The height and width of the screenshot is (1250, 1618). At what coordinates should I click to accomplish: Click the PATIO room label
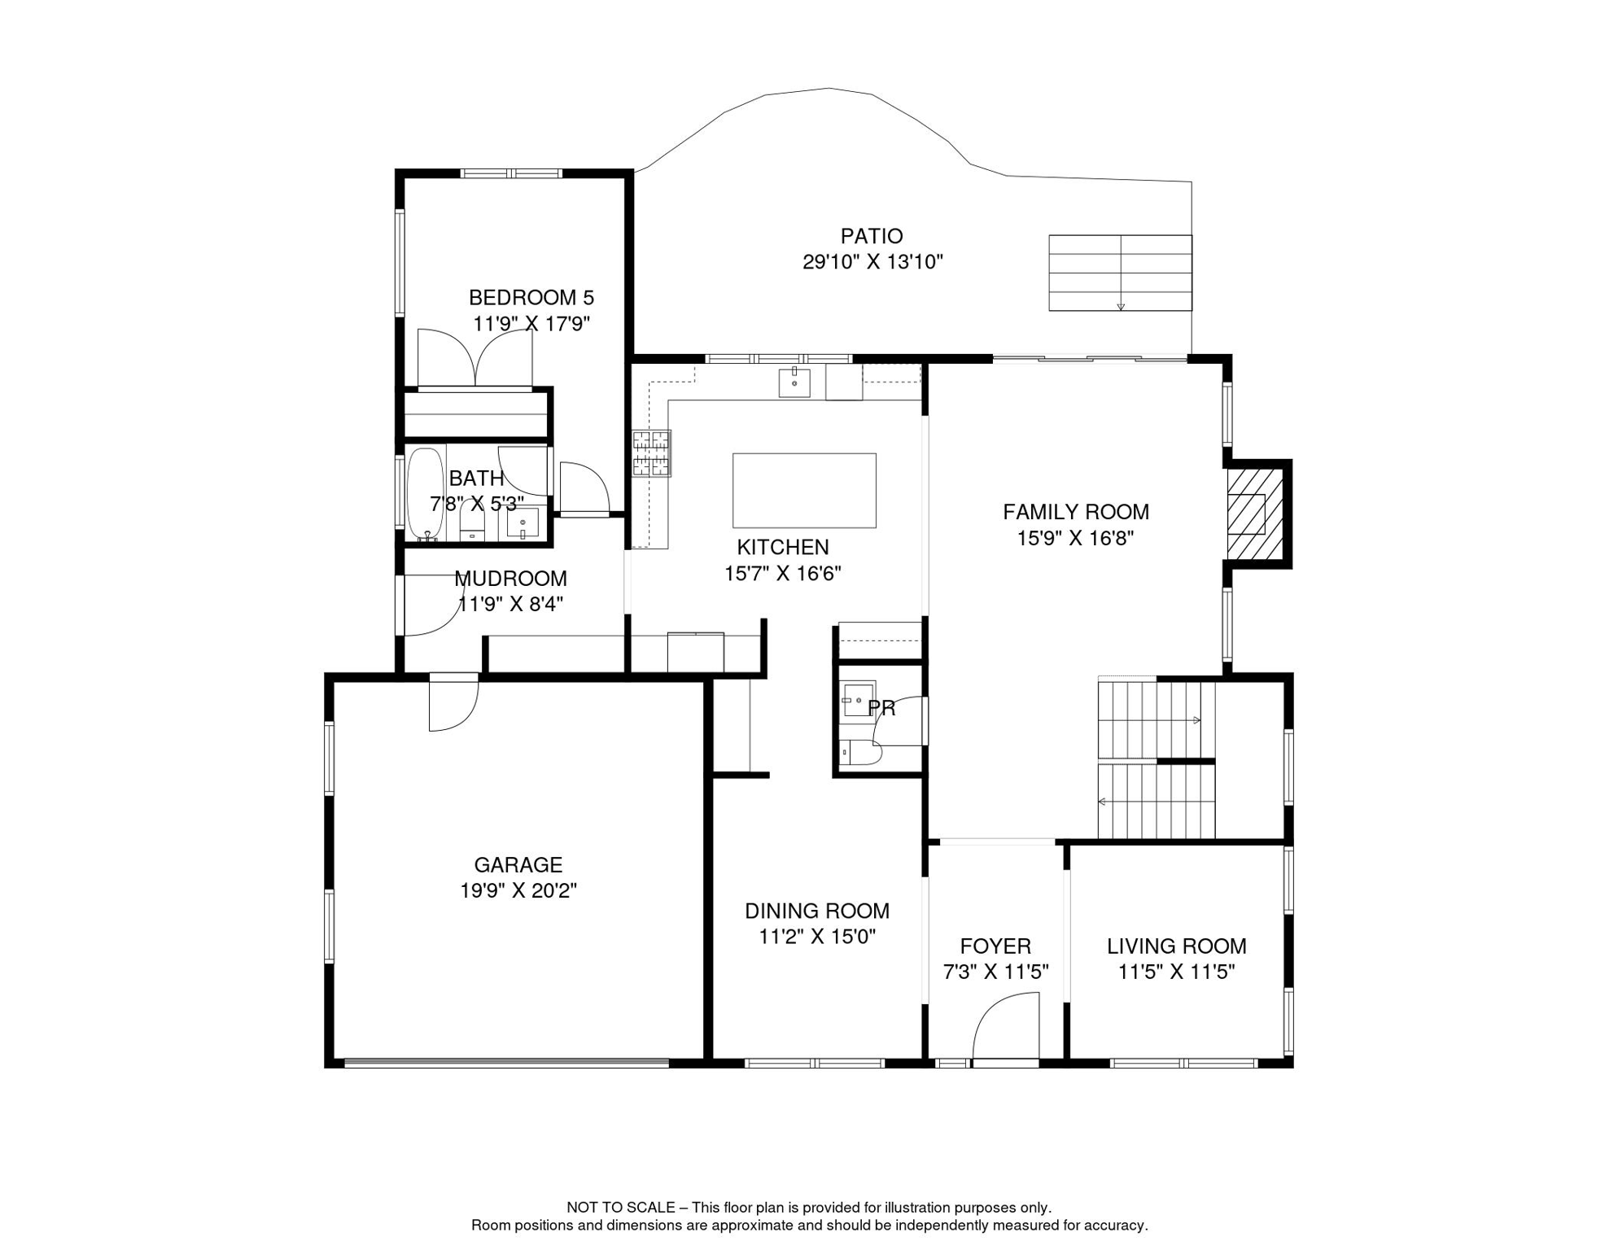[x=872, y=236]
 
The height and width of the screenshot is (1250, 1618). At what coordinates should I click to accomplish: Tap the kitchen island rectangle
[x=804, y=491]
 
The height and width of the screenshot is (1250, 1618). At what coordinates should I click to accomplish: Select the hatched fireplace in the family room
[x=1255, y=514]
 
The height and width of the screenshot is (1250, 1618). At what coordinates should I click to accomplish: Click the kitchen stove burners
[x=652, y=453]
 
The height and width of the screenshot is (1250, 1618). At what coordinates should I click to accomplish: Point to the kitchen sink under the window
[x=794, y=382]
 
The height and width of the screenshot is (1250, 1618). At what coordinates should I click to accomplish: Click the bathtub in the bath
[x=426, y=494]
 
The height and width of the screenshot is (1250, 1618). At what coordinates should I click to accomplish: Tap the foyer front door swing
[x=1006, y=1029]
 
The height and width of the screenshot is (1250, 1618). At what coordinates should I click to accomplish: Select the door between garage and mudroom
[x=454, y=701]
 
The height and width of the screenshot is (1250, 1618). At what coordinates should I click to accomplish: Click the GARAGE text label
[x=518, y=864]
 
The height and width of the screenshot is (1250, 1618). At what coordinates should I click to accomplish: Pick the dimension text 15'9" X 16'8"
[x=1075, y=538]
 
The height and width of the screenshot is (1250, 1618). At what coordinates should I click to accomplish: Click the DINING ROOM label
[x=817, y=911]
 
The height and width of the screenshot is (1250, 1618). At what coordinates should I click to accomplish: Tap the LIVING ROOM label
[x=1176, y=946]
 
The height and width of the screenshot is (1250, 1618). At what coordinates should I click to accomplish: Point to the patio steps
[x=1120, y=273]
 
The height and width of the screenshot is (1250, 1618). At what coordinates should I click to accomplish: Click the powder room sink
[x=858, y=699]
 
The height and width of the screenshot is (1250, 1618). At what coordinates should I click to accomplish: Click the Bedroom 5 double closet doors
[x=475, y=357]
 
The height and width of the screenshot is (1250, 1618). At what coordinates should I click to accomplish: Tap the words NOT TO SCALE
[x=621, y=1208]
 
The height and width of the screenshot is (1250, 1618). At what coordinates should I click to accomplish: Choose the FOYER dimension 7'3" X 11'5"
[x=995, y=972]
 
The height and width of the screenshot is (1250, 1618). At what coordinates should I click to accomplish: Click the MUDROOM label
[x=510, y=579]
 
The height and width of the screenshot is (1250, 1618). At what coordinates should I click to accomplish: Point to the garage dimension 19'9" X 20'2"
[x=518, y=890]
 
